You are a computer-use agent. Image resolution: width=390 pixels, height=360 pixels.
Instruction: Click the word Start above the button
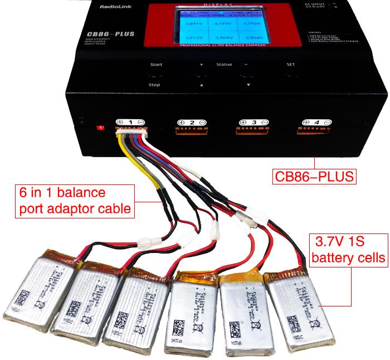tap(155, 65)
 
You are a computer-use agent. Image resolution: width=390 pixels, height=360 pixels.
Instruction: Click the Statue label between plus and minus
tap(224, 65)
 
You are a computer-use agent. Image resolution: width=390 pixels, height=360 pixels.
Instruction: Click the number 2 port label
tap(192, 121)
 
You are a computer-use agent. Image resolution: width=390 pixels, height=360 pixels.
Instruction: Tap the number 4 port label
tap(315, 121)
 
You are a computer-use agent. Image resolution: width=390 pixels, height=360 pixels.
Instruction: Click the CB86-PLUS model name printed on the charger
tap(106, 34)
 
